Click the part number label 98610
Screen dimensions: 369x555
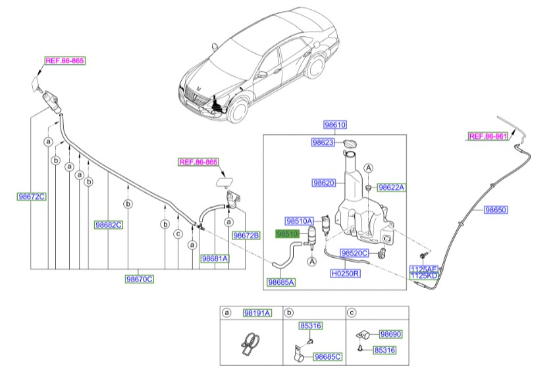coord(334,125)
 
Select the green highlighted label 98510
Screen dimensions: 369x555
coord(288,234)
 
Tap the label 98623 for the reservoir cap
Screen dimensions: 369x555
coord(323,141)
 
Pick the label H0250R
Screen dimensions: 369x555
coord(345,272)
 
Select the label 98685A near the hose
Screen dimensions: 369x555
coord(281,282)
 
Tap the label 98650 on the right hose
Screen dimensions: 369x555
coord(495,210)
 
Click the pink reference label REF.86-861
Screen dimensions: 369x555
coord(489,137)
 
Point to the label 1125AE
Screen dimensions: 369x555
coord(423,269)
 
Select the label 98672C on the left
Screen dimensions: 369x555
coord(32,197)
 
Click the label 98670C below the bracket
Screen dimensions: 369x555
coord(139,279)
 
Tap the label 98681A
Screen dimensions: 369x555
coord(215,258)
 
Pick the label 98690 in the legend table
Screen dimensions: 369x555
coord(390,334)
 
